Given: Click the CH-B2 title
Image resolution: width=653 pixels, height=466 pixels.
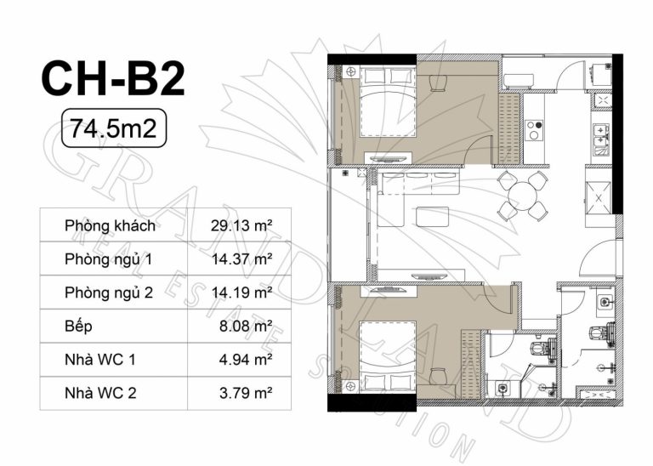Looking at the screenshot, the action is coord(113,79).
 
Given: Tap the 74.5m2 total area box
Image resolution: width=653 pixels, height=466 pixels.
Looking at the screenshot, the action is coord(114,128).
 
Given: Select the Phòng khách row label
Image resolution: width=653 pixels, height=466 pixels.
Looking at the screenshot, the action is coord(110,225).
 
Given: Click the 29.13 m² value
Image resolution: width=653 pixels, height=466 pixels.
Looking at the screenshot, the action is coord(241,225).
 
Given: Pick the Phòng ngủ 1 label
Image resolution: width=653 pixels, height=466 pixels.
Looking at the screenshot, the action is coord(108,259).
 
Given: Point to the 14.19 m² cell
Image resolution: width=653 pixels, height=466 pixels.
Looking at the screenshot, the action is coord(241,293).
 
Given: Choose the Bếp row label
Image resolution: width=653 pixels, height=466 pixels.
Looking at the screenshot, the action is coord(78,326).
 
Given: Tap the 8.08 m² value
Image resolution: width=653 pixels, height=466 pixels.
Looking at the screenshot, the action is coord(246,326).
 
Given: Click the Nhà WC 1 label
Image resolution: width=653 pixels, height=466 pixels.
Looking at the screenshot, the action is coord(100,360).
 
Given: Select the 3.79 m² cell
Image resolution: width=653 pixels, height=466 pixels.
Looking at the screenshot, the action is coord(246,393).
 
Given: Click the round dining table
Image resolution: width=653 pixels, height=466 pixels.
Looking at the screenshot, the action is coord(523,196).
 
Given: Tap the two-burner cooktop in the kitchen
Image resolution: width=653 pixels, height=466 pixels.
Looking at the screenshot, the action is coord(534,129).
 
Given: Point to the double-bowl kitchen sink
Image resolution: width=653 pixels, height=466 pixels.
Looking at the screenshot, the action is coord(601,139).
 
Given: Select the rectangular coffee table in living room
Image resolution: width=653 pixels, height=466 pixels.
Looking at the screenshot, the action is coord(432,217).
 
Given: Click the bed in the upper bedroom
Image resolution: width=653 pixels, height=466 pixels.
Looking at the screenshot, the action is coord(388,102).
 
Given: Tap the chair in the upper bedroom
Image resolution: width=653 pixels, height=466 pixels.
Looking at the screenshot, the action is coord(438,82).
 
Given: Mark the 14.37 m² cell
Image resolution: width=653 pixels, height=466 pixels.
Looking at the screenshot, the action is coord(241,259).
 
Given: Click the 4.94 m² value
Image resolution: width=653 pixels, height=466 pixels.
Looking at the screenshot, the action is coord(246,359).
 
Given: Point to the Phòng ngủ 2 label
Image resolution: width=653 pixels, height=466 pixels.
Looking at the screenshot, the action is coord(109,293).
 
